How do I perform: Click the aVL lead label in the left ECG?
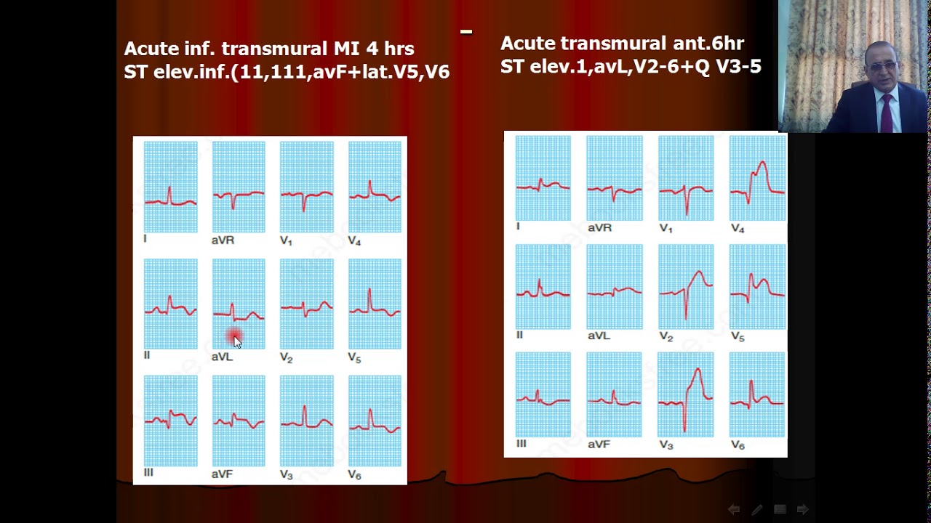(x=222, y=357)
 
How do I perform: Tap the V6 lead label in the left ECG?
(x=354, y=474)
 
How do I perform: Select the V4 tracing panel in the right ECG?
(x=757, y=178)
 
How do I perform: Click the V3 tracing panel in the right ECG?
(x=685, y=395)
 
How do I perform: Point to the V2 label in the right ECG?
(x=666, y=337)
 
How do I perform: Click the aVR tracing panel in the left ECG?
(x=239, y=187)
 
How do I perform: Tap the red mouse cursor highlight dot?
(x=234, y=337)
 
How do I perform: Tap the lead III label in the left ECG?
(x=148, y=472)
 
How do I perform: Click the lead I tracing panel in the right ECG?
(x=543, y=178)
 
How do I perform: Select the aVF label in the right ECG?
(x=599, y=444)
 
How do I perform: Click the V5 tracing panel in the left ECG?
(x=375, y=304)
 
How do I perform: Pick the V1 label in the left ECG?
(x=286, y=240)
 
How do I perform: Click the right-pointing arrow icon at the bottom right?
(x=802, y=510)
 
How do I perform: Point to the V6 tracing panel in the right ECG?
(x=757, y=395)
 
